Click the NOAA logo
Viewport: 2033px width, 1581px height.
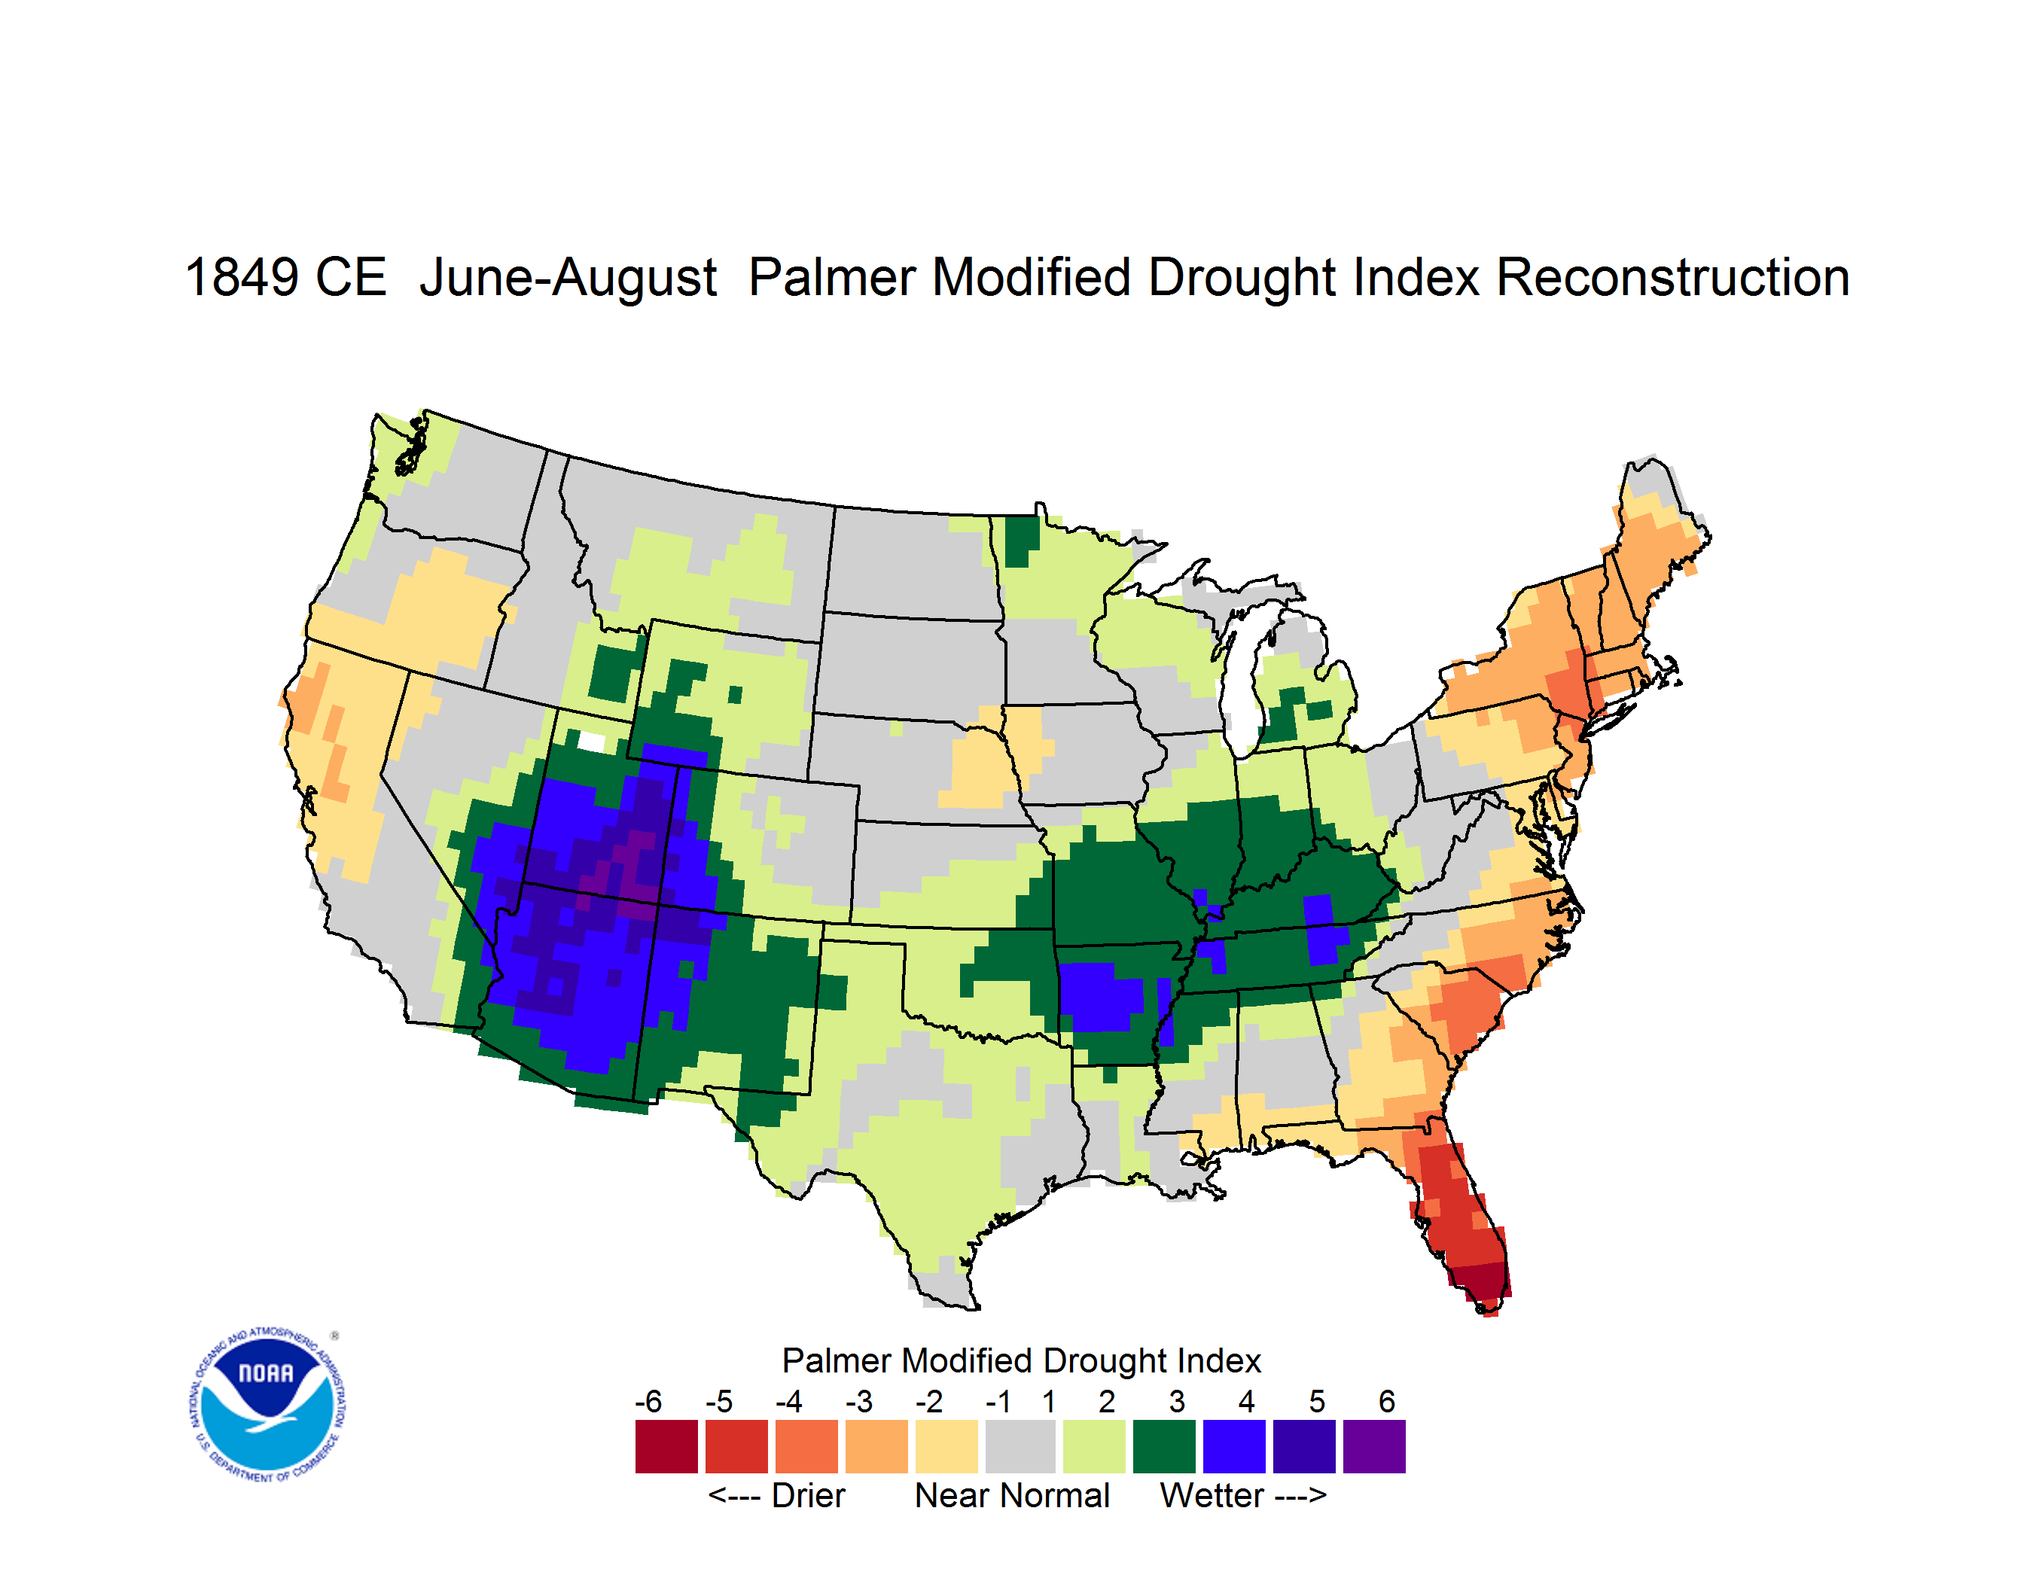click(x=267, y=1405)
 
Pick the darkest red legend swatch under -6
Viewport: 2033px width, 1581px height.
click(x=666, y=1446)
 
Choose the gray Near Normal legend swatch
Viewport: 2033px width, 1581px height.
click(x=1020, y=1446)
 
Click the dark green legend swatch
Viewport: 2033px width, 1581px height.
click(x=1163, y=1446)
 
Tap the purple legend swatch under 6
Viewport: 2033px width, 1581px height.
click(x=1374, y=1446)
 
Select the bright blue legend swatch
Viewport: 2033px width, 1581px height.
click(x=1234, y=1446)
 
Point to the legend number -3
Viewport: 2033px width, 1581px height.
click(x=859, y=1401)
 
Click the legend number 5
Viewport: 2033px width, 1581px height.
click(x=1317, y=1401)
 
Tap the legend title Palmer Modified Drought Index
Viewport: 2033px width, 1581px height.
click(x=1021, y=1360)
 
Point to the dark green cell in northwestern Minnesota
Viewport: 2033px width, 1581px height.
click(x=1022, y=541)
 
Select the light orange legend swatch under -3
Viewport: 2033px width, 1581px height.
click(x=876, y=1446)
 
